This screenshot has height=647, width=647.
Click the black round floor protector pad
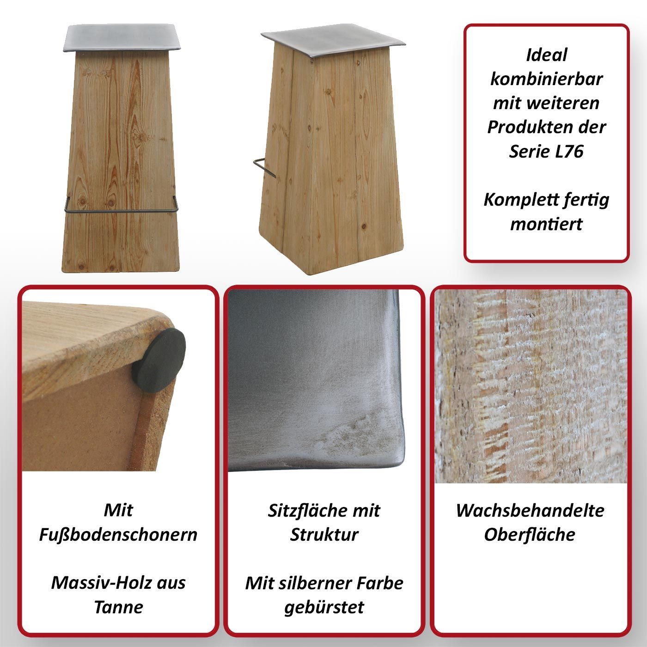(x=159, y=361)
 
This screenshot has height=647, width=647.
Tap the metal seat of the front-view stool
(x=122, y=37)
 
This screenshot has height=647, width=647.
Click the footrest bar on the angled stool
(x=264, y=168)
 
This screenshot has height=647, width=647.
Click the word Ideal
(x=546, y=55)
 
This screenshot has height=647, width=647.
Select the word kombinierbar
(x=546, y=79)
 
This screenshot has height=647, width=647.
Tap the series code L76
(x=569, y=152)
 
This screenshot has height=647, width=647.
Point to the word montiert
(x=546, y=224)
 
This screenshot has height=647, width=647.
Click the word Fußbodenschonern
(x=118, y=535)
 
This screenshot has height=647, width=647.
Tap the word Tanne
(x=118, y=607)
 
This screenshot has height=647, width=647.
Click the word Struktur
(x=324, y=535)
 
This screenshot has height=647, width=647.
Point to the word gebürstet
(x=324, y=608)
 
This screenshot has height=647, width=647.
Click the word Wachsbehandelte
(x=530, y=511)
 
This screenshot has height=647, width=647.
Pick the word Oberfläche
(x=530, y=535)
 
